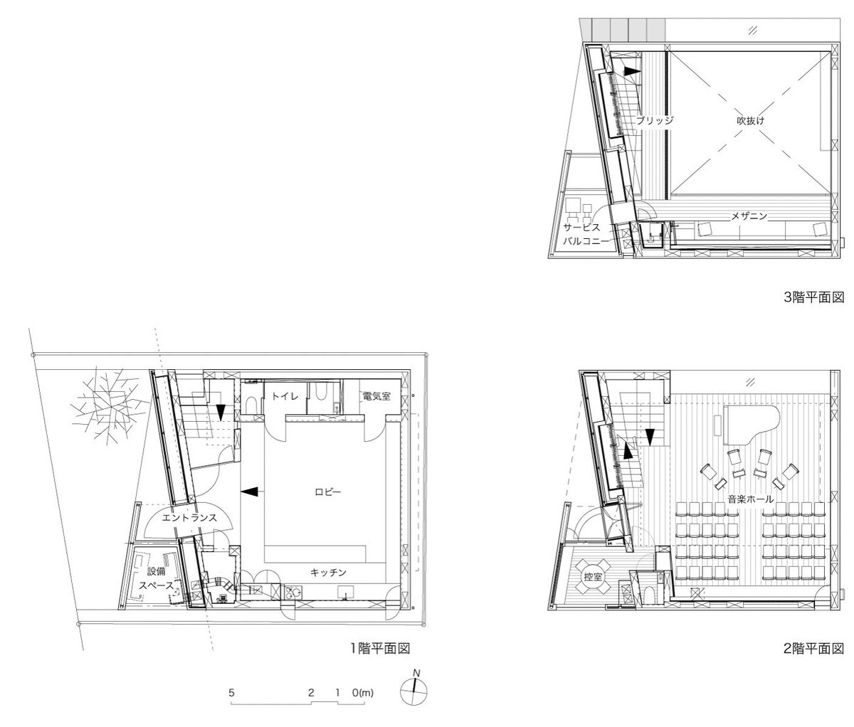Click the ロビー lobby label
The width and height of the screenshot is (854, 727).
(x=328, y=492)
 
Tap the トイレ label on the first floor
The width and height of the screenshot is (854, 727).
(x=285, y=396)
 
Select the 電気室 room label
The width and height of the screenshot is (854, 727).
(x=376, y=396)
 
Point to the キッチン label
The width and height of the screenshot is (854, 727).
(x=328, y=573)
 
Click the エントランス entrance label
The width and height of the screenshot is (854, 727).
(x=189, y=518)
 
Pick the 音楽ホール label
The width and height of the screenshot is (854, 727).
(x=750, y=499)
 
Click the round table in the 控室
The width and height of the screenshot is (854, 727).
(x=593, y=576)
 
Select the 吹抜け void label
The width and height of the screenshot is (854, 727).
(x=751, y=121)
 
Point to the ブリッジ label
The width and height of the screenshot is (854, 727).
(x=655, y=120)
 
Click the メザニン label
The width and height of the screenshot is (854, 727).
(x=749, y=216)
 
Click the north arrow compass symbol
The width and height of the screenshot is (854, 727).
(x=414, y=691)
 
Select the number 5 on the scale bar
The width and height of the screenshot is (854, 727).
(x=231, y=693)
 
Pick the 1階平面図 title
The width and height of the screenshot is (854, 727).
(x=381, y=648)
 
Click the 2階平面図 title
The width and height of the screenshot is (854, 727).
(x=813, y=648)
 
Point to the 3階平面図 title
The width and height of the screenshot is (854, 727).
(x=813, y=297)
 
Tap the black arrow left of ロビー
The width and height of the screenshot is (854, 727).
(x=249, y=492)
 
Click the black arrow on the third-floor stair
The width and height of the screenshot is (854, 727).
(x=632, y=71)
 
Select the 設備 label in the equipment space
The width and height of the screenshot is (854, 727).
(x=156, y=571)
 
